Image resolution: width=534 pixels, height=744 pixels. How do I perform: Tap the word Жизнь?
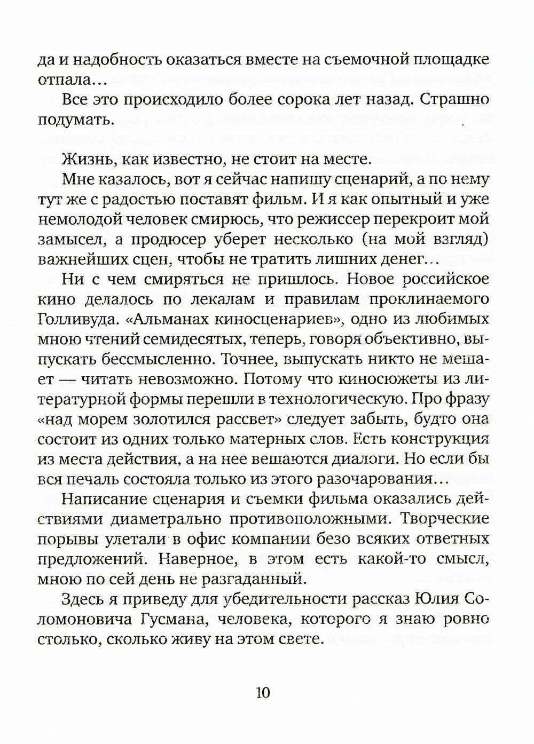85,159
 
